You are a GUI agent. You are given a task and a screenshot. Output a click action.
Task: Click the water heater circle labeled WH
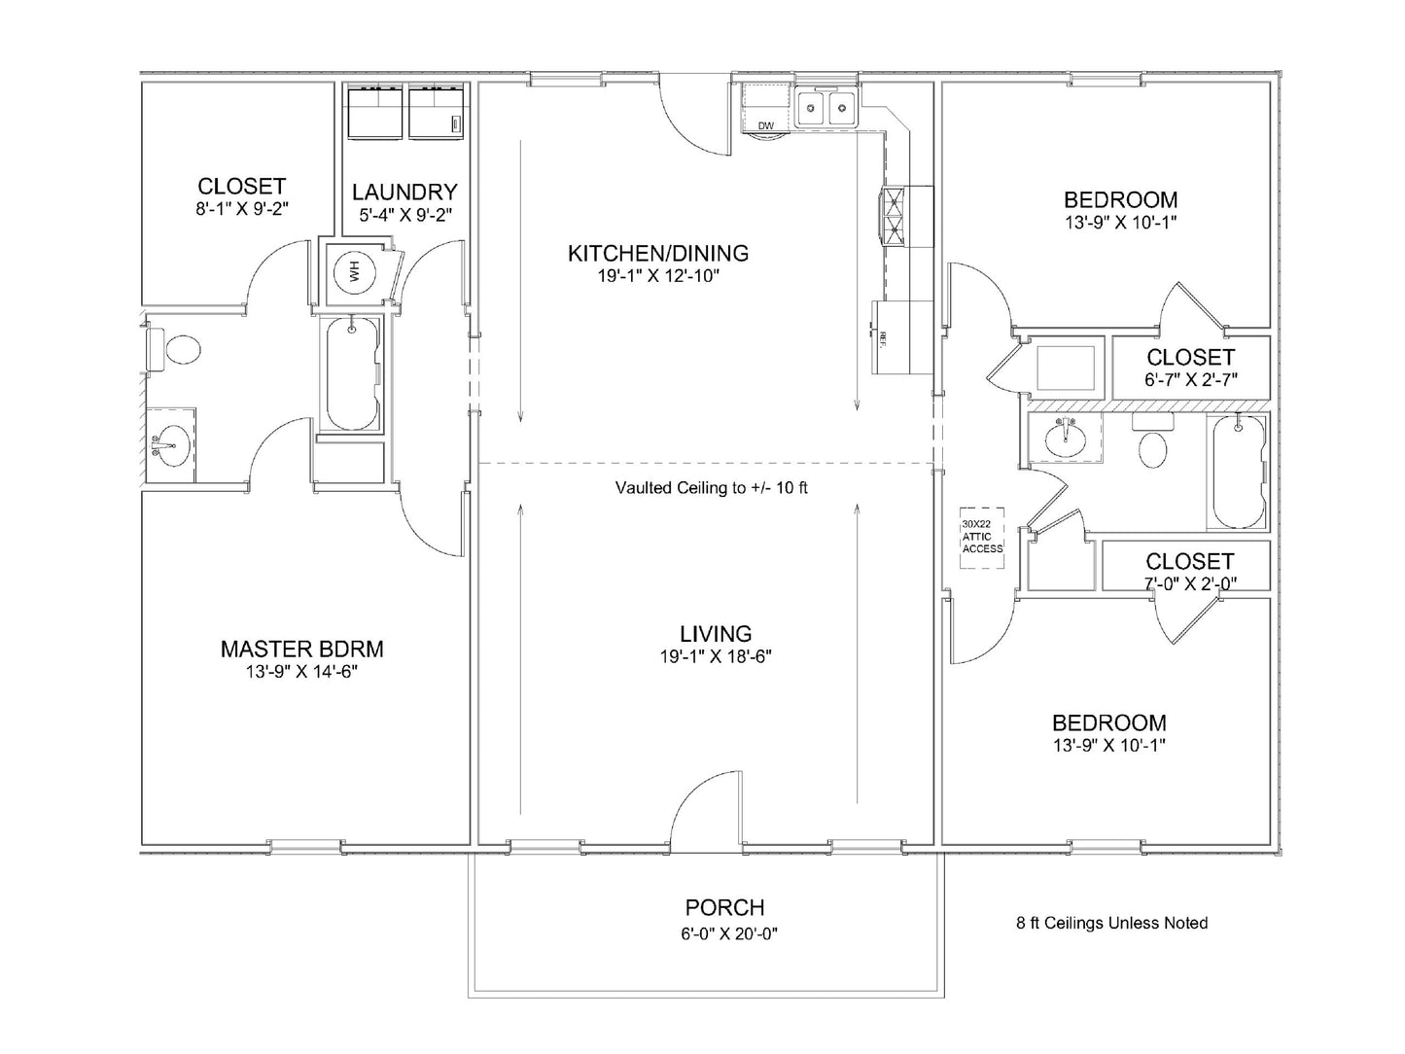tap(354, 272)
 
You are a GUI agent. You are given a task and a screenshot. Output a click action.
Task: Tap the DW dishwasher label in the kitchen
tap(765, 125)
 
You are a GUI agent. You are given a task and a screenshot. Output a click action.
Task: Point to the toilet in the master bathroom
tap(180, 349)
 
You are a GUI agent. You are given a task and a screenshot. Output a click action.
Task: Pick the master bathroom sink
tap(172, 444)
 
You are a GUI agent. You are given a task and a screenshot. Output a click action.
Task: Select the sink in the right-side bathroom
tap(1067, 437)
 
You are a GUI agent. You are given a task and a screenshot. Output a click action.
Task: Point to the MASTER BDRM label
tap(301, 649)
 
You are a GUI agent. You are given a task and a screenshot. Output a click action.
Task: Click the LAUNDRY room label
tap(404, 192)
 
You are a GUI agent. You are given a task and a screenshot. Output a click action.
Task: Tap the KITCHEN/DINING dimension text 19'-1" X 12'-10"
tap(658, 276)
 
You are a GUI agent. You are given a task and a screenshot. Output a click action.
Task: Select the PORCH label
tap(724, 907)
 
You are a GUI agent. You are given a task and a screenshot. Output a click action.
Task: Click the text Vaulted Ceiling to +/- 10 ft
tap(711, 488)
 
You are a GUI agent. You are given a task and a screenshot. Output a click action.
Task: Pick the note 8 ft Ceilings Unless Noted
tap(1111, 923)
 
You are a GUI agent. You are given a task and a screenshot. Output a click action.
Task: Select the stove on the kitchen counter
tap(893, 213)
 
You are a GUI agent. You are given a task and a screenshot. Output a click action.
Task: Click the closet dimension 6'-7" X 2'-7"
tap(1189, 380)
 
